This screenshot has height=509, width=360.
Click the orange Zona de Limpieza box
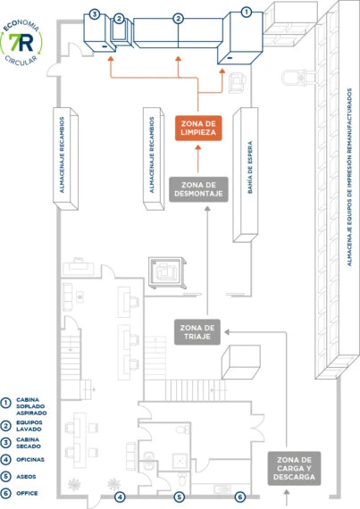[198, 128]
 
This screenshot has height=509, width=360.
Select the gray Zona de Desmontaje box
[198, 189]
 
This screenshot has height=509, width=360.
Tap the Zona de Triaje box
[197, 332]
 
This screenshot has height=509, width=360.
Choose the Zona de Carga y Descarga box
[294, 469]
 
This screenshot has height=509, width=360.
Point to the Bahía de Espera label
[250, 168]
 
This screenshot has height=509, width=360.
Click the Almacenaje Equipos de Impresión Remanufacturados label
[349, 177]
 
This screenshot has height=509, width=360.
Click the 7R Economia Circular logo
[21, 42]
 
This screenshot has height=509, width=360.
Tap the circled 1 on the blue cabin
[247, 13]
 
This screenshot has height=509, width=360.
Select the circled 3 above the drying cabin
[95, 14]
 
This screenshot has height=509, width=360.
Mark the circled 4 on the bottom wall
[120, 496]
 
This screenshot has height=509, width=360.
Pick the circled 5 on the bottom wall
[179, 496]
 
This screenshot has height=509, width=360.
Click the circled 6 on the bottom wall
[240, 496]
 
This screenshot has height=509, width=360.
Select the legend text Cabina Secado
[29, 443]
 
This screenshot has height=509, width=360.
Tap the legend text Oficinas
[30, 460]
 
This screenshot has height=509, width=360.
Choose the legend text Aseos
[26, 477]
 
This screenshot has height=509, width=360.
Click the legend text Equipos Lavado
[29, 426]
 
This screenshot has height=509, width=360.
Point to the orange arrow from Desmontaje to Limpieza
[198, 159]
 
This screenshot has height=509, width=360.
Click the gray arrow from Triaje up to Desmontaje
[207, 261]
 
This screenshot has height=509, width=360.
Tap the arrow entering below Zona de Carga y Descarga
[287, 497]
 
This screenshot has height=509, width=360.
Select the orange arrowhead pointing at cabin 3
[111, 59]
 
